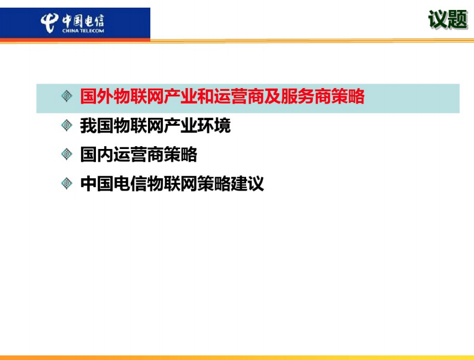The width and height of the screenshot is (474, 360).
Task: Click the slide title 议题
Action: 448,19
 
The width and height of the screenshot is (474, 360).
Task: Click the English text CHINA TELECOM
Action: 83,30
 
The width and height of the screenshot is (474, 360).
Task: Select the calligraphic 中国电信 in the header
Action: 83,20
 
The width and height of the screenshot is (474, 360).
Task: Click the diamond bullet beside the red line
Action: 67,96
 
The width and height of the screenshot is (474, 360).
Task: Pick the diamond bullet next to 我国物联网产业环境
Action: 67,125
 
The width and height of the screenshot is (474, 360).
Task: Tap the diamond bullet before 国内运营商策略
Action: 67,154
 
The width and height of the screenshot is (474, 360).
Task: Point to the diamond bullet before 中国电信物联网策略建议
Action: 67,183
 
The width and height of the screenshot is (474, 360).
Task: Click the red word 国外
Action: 96,96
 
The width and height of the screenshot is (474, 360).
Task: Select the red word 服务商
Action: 306,96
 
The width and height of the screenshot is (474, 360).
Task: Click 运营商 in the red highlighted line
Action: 239,96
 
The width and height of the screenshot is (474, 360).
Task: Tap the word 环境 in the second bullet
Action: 214,125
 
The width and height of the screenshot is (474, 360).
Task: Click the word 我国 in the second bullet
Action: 96,125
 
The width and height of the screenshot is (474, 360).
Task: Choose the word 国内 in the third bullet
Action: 96,155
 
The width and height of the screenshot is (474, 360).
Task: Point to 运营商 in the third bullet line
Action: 139,155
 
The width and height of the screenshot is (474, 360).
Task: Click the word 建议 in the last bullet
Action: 247,184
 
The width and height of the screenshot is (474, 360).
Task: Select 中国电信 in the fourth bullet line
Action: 113,184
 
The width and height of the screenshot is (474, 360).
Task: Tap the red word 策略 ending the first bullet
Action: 348,96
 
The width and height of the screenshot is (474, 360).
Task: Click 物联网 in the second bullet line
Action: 139,125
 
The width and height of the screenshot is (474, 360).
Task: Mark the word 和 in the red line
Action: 206,96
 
